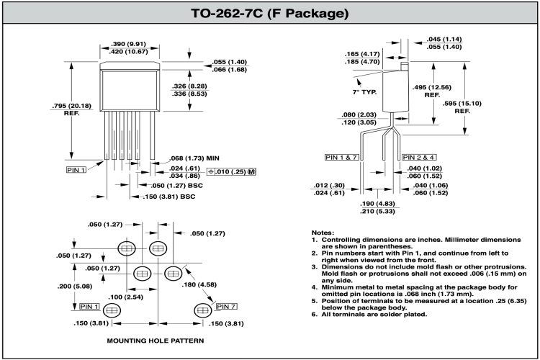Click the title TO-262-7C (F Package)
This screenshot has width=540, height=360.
(270, 14)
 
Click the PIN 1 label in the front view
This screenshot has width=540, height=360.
(76, 170)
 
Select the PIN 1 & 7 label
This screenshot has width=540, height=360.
(341, 157)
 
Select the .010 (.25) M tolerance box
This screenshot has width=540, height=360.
(232, 171)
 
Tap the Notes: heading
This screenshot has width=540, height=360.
(323, 233)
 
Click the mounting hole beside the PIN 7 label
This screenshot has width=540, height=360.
(202, 310)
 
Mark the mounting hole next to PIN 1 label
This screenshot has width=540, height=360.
(111, 310)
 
